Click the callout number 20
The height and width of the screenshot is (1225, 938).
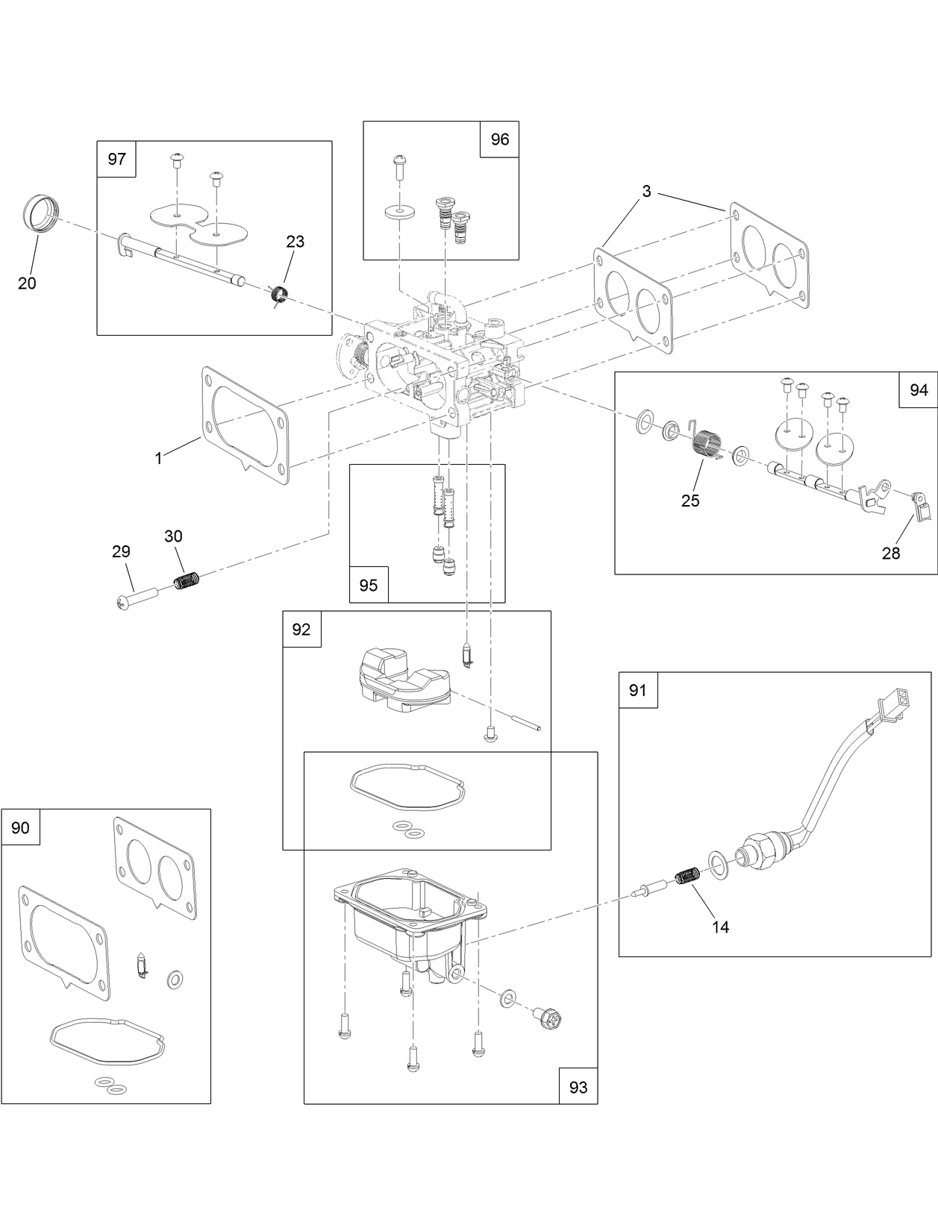27,283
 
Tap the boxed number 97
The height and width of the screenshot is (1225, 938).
117,159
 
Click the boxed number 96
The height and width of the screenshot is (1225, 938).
499,140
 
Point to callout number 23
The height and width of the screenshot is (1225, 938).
296,242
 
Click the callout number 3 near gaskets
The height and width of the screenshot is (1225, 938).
646,192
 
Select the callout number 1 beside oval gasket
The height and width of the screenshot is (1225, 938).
158,459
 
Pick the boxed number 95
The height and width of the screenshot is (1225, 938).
369,585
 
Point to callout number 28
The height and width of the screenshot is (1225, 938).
891,553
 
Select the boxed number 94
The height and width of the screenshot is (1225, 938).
919,390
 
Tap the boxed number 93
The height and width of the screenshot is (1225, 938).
578,1087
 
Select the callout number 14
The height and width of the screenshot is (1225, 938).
721,927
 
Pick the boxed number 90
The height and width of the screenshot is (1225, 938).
21,827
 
